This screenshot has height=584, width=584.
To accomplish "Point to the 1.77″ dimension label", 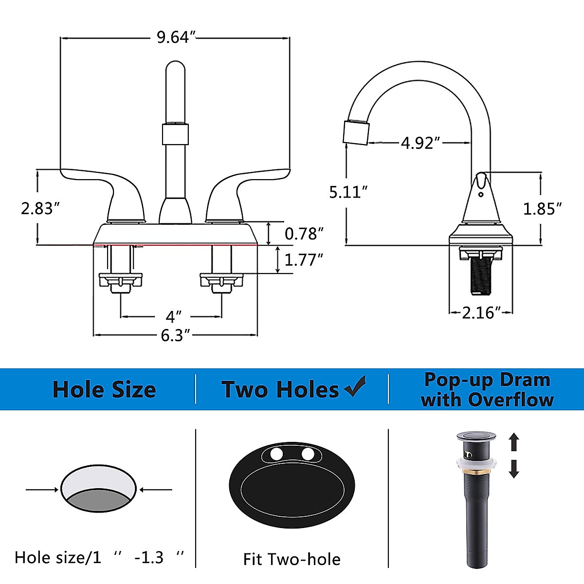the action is tap(304, 259).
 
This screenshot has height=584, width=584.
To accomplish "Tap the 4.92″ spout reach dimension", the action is tap(420, 143).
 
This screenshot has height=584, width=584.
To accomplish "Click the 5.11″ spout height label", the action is tap(349, 192).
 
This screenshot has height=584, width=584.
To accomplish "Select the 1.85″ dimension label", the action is tap(543, 209).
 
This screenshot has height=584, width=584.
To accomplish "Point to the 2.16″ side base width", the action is tap(481, 312).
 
